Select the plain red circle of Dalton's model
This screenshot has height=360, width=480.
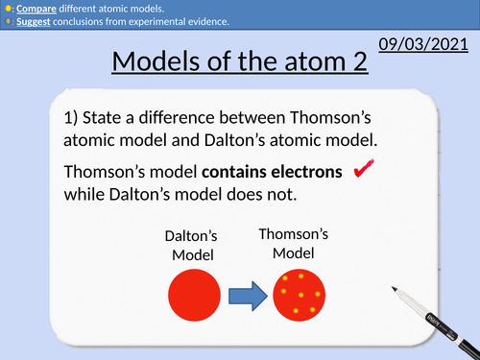pos(194,293)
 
